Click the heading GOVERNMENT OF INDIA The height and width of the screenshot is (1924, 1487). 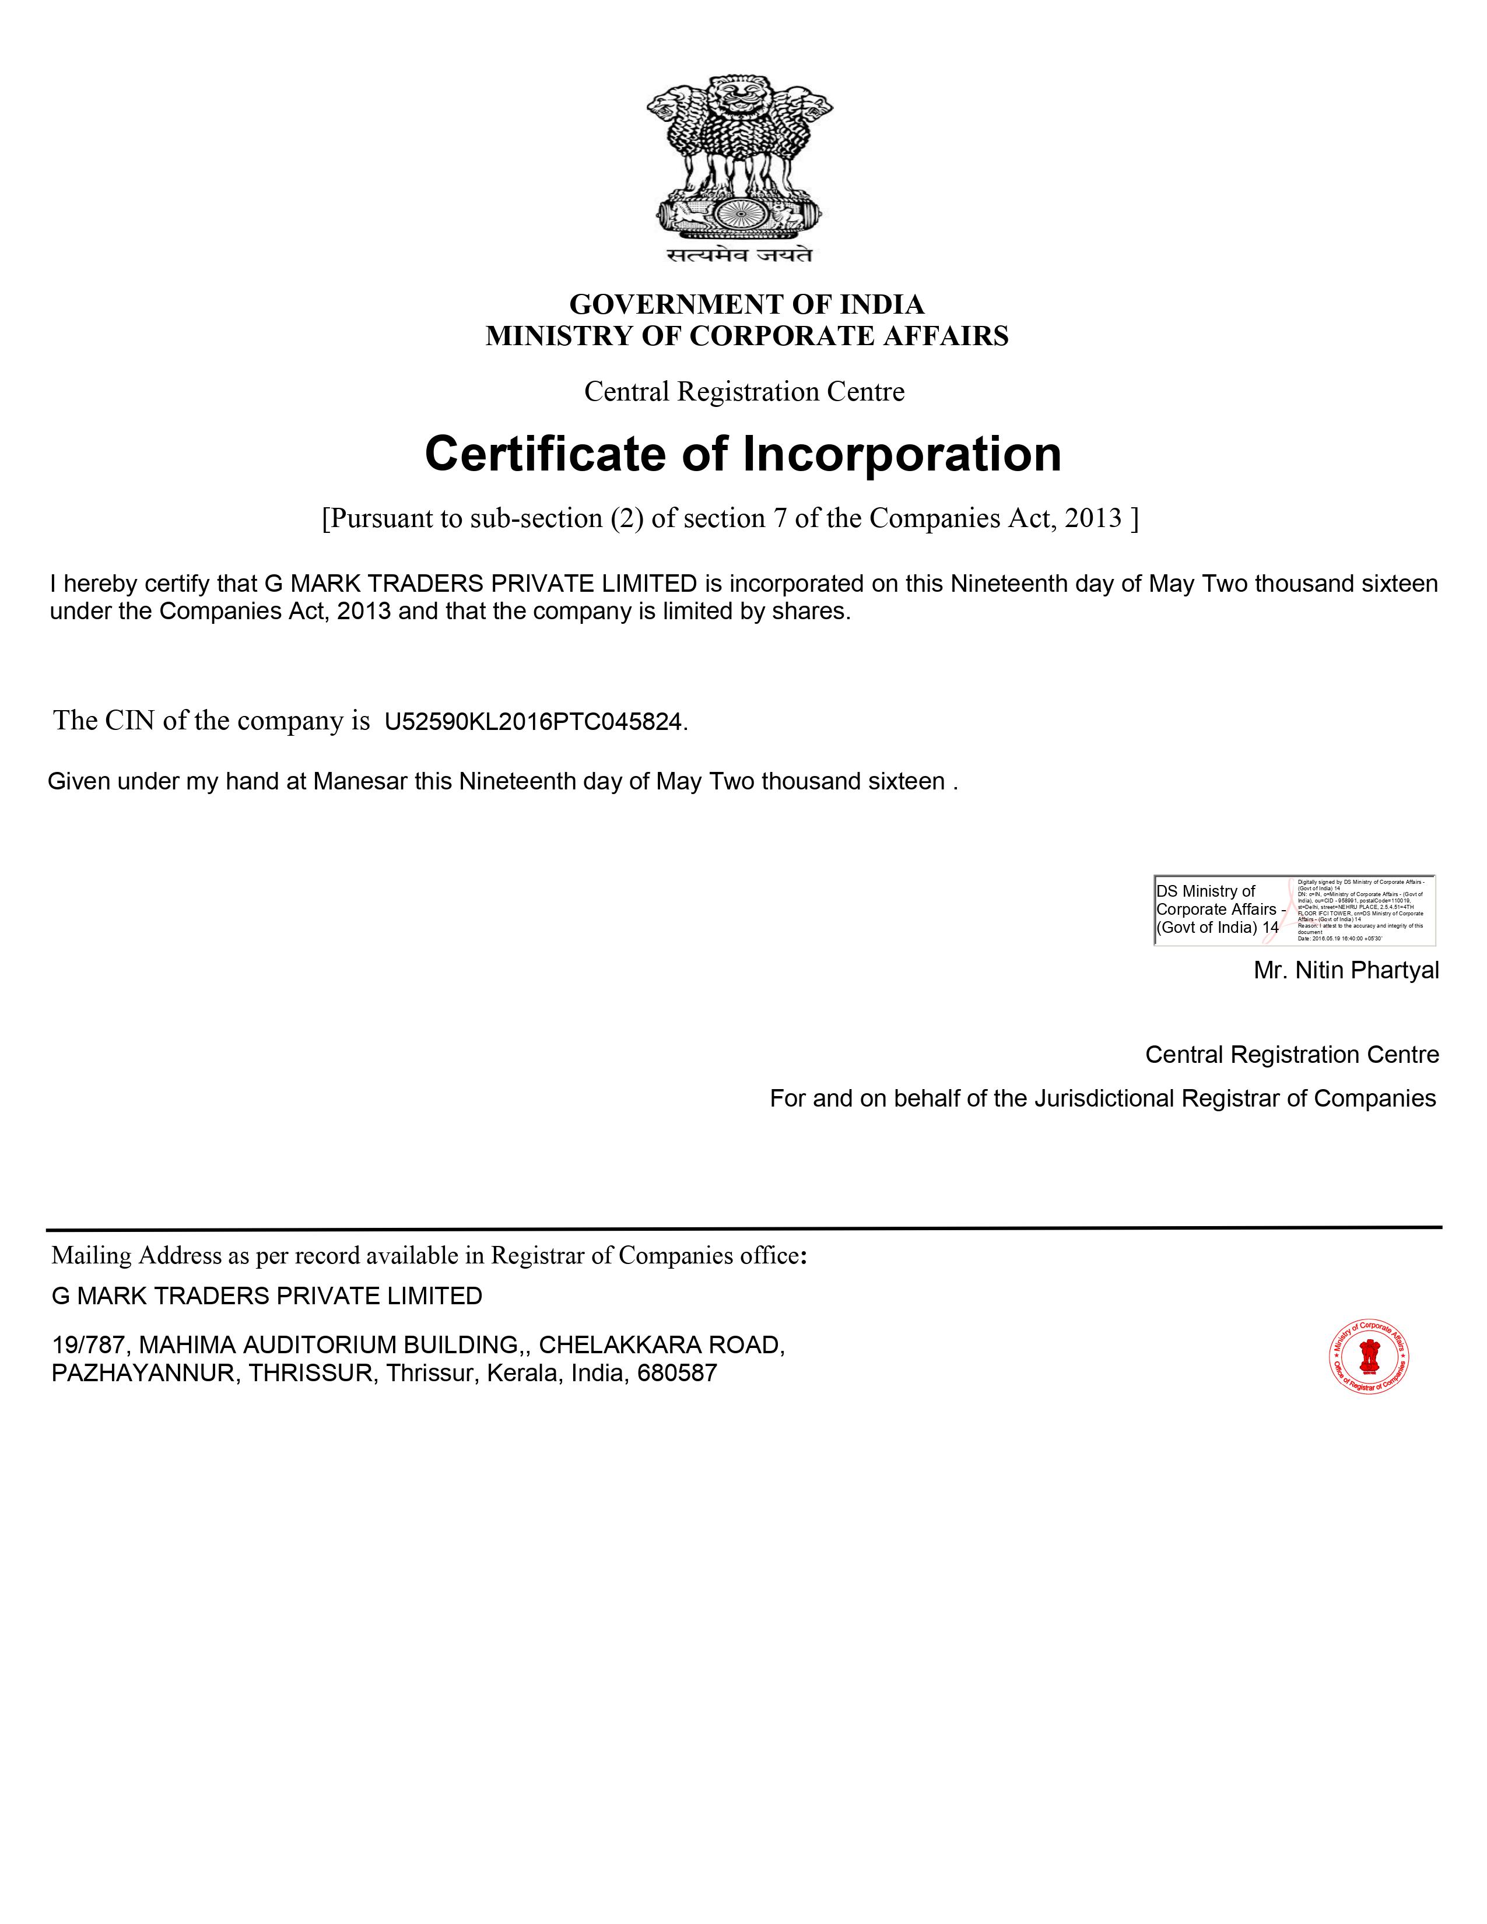(x=746, y=305)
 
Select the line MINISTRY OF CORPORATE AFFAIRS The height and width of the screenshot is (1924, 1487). (x=746, y=336)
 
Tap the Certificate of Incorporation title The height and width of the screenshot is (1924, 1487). (x=742, y=455)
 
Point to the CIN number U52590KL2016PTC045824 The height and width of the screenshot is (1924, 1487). (x=533, y=722)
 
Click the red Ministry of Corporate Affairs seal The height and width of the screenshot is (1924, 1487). (x=1368, y=1357)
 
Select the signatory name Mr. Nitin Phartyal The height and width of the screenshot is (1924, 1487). (x=1345, y=971)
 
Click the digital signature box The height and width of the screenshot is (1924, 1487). (x=1293, y=910)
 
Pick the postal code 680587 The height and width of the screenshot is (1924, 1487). (x=676, y=1374)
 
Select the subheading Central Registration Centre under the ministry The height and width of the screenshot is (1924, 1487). (x=745, y=392)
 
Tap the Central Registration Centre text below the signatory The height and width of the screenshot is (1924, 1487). (x=1292, y=1055)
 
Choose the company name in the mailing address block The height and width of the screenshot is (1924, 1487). (x=267, y=1297)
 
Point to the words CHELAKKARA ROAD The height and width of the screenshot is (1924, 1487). (x=661, y=1345)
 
